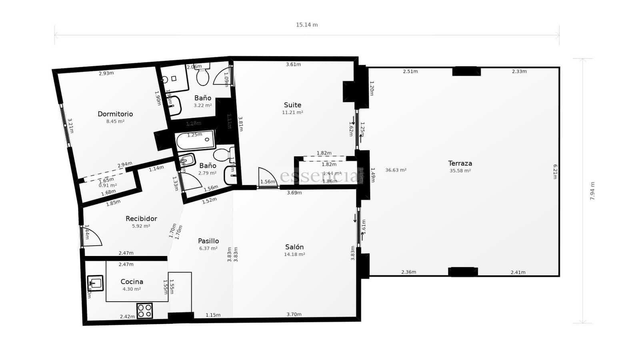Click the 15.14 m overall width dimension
(x=307, y=25)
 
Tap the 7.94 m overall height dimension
(x=592, y=191)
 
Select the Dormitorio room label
(x=115, y=114)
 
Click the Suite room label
(x=292, y=105)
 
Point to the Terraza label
(x=460, y=163)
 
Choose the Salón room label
(x=294, y=247)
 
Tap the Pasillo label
(x=208, y=241)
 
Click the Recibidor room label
(x=141, y=219)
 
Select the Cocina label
(x=132, y=282)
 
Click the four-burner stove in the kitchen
(x=144, y=311)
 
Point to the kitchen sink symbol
(x=95, y=283)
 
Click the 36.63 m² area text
(x=396, y=170)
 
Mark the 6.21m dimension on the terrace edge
(x=555, y=172)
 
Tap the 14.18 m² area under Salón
(x=294, y=254)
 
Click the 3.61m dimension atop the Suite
(x=293, y=64)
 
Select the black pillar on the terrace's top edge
(x=466, y=72)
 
